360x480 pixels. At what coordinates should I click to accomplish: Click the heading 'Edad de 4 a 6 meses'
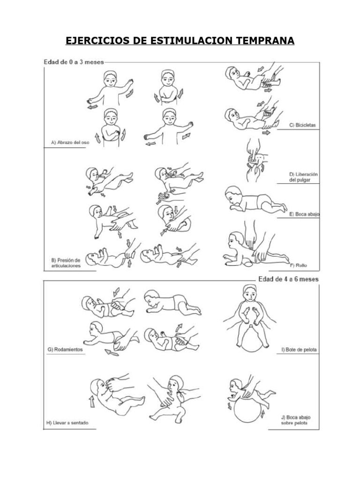pyautogui.click(x=288, y=279)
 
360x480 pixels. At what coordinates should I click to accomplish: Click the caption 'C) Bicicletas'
pyautogui.click(x=302, y=125)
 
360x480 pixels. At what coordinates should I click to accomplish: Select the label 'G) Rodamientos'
pyautogui.click(x=66, y=350)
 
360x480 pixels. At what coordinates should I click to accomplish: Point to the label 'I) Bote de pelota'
pyautogui.click(x=300, y=350)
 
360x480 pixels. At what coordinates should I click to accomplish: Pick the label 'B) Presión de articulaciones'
pyautogui.click(x=66, y=262)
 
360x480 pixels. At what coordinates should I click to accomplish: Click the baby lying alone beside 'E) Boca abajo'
pyautogui.click(x=253, y=201)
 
